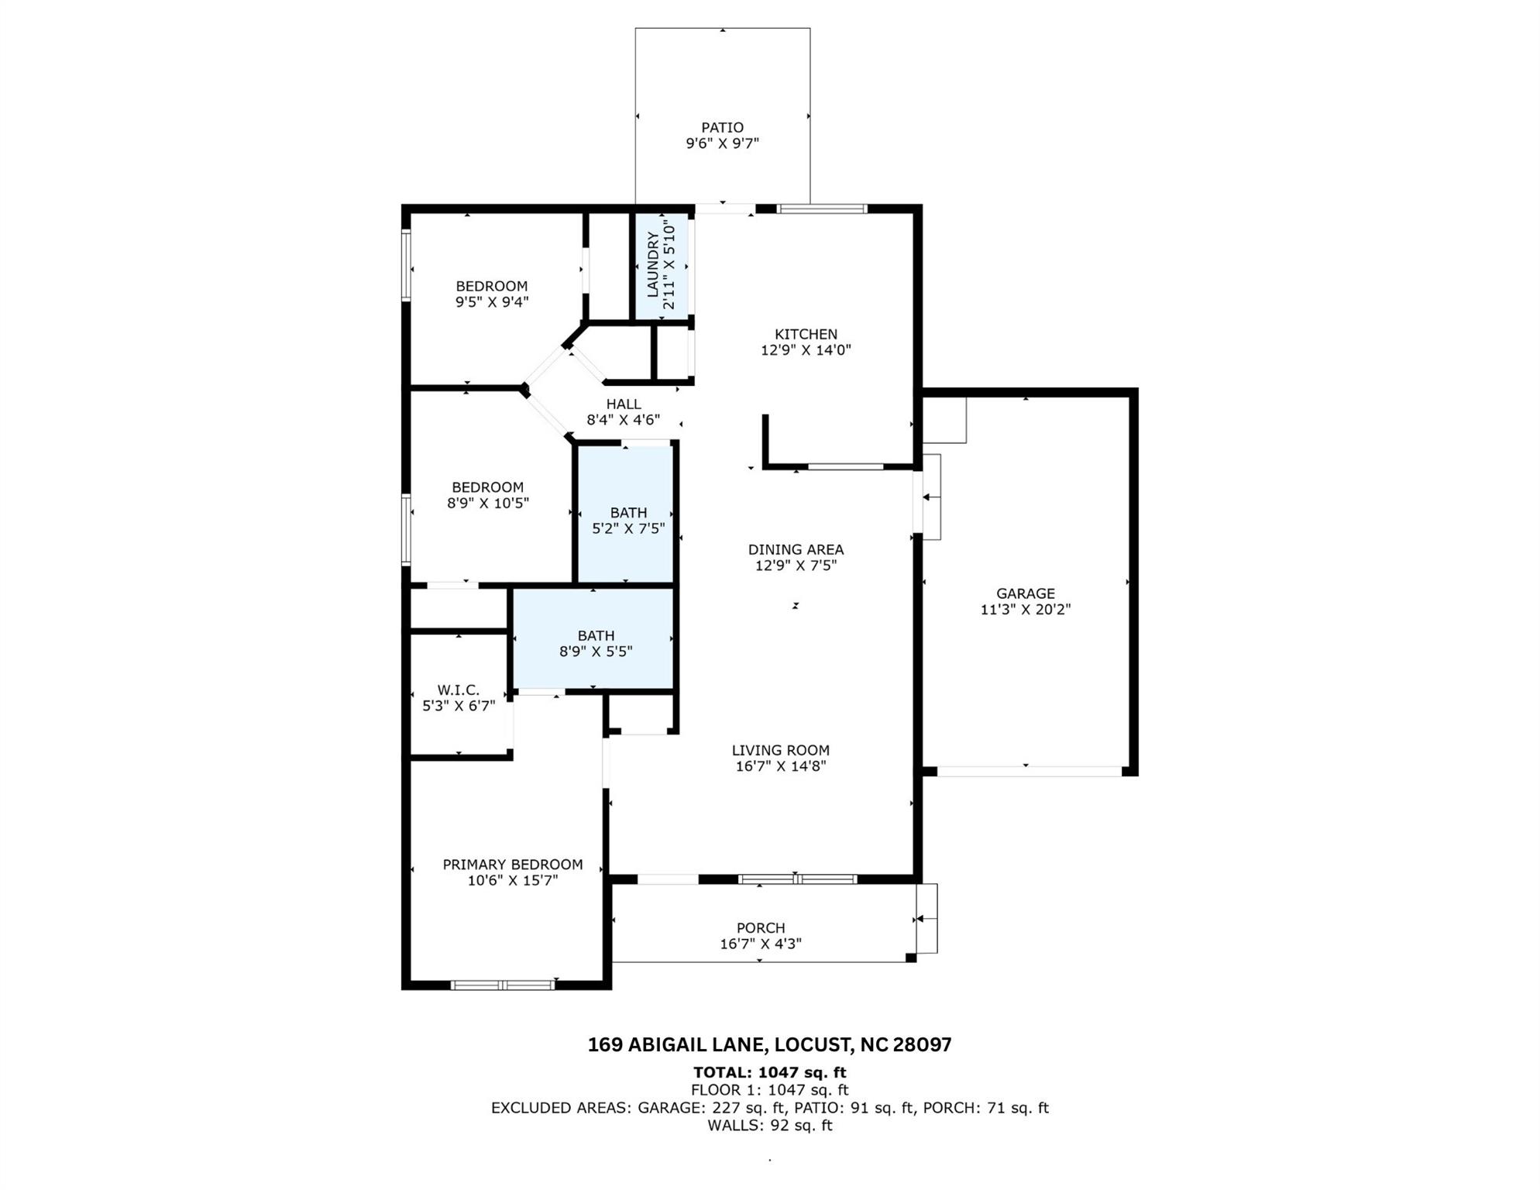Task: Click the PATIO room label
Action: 722,127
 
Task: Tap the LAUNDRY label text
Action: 652,263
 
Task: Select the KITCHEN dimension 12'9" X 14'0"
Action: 806,350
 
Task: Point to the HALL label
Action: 624,404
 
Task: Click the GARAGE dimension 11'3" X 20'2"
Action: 1026,610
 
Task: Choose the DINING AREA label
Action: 796,549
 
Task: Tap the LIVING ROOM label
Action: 781,750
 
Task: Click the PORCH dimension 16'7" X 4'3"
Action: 761,944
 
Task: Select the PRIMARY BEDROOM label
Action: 513,865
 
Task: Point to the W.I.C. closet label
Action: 459,690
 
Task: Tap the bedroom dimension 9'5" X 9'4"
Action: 492,302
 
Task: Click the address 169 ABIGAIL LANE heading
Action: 769,1045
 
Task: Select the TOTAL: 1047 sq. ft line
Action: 769,1073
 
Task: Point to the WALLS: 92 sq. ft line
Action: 769,1126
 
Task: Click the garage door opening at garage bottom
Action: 1030,772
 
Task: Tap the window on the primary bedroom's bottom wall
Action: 503,985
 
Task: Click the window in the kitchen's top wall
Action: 822,208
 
